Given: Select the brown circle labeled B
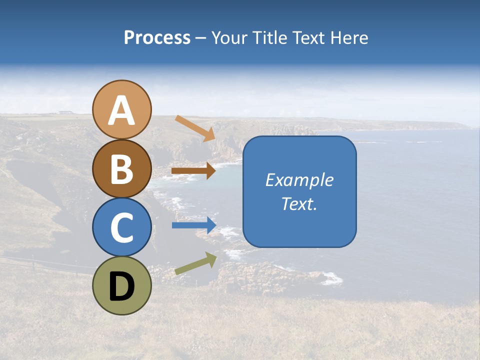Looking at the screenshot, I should coord(121,168).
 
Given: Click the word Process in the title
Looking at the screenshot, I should coord(157,38).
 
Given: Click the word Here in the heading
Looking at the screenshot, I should coord(349,38).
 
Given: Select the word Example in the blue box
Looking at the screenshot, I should coord(299,180).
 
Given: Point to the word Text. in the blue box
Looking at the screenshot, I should coord(299,204).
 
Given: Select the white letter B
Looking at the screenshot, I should coord(121,169).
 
